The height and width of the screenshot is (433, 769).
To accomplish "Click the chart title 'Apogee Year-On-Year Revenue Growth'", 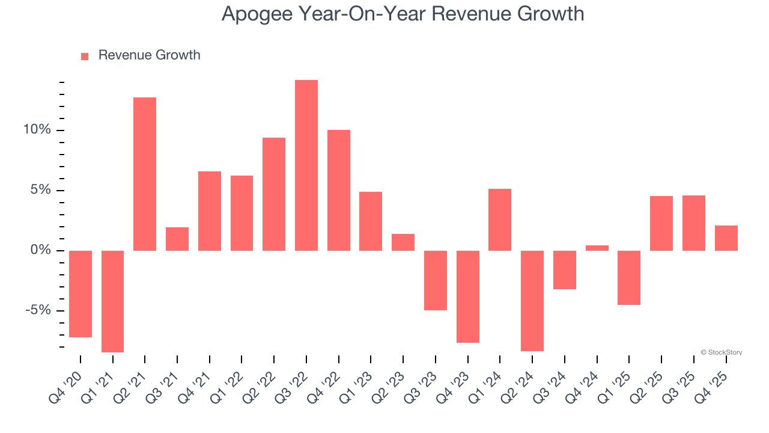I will click(403, 13).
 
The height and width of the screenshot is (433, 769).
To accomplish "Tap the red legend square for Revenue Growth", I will click(85, 56).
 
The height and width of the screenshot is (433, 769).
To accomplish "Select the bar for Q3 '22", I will click(306, 165).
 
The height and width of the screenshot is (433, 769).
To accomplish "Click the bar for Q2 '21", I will click(145, 174).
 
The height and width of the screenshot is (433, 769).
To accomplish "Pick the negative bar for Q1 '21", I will click(112, 301).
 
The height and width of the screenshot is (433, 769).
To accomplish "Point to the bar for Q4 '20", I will click(81, 294).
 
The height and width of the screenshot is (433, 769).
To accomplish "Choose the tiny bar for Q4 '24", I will click(597, 248).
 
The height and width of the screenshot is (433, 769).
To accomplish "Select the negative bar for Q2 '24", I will click(532, 301).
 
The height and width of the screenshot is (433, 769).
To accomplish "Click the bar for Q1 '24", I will click(500, 220).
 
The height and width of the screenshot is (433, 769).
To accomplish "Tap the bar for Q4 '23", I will click(468, 296).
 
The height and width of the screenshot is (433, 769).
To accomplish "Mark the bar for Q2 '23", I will click(403, 242).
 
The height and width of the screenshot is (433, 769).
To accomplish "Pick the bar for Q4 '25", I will click(726, 238).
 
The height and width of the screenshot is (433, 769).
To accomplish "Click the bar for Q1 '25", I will click(629, 278).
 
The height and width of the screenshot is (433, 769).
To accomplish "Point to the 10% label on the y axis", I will click(37, 131).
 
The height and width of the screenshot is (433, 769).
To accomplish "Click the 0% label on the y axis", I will click(41, 250).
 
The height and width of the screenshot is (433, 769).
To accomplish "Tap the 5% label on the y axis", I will click(41, 191).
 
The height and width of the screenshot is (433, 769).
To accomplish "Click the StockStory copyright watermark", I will click(721, 352).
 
